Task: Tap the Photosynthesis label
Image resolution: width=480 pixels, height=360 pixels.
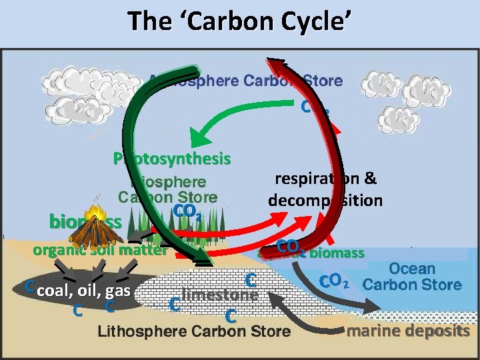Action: (172, 159)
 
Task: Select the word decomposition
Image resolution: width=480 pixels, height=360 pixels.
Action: (325, 200)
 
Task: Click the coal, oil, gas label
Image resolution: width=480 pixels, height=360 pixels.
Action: (84, 291)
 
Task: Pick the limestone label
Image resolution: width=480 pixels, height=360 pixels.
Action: (219, 295)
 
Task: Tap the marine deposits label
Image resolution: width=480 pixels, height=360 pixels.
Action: (408, 331)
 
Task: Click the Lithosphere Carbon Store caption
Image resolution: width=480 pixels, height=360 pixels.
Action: (194, 331)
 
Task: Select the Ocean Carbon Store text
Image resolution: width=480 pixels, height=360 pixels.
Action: (412, 277)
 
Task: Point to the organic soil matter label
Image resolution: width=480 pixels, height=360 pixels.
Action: (99, 251)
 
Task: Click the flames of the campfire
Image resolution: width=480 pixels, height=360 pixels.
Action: (95, 213)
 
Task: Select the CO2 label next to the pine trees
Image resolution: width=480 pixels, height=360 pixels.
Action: (187, 213)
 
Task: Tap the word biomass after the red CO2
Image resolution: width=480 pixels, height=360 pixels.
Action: (337, 253)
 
